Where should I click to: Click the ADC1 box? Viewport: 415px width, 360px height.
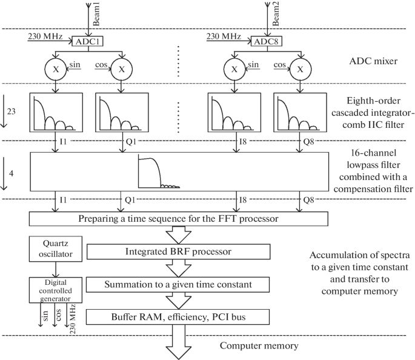tap(86, 42)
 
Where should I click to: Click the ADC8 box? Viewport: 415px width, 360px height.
tap(265, 42)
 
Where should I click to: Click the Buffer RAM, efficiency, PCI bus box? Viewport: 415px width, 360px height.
tap(180, 316)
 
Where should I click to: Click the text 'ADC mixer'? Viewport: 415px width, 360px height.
tap(365, 61)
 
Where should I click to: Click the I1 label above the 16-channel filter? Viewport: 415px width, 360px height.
tap(64, 140)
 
